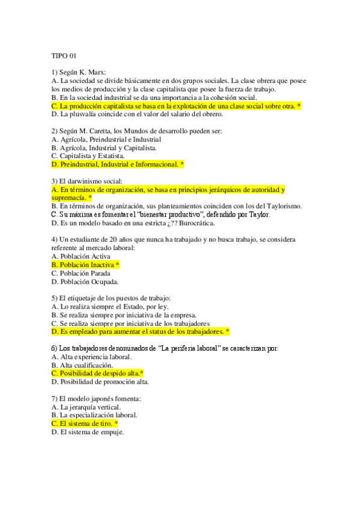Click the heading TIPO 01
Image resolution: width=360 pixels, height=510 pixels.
[x=64, y=57]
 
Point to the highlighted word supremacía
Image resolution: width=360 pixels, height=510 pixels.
[x=68, y=197]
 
